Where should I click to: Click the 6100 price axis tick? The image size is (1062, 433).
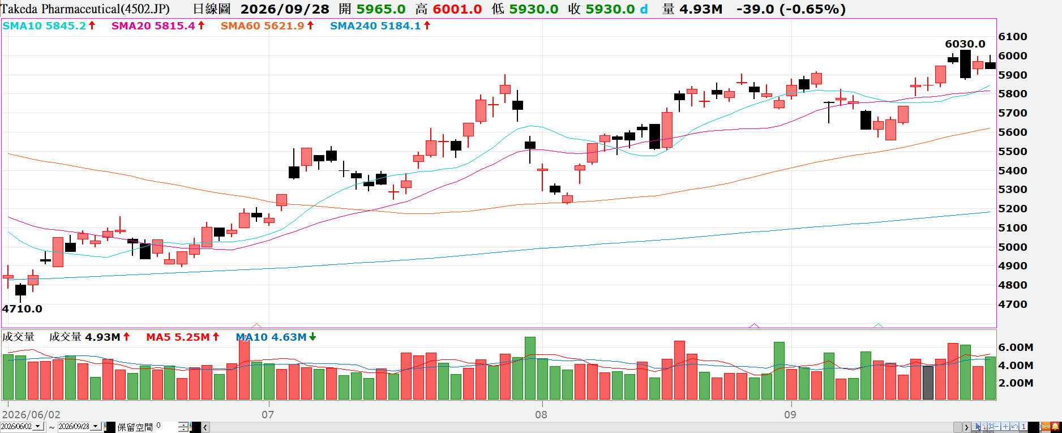(1013, 37)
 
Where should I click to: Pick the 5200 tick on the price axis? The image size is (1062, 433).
(1013, 209)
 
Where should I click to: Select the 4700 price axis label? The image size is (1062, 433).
(1013, 305)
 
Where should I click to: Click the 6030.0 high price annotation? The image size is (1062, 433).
(965, 44)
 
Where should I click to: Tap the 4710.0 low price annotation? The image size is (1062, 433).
(22, 309)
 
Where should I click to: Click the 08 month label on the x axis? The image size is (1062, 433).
(541, 414)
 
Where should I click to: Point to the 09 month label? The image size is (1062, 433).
(790, 414)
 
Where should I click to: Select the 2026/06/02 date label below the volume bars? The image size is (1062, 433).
(31, 414)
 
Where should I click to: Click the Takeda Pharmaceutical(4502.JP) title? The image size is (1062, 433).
(85, 9)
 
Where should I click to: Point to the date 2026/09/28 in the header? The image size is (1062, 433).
(285, 9)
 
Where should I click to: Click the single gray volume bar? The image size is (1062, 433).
(928, 383)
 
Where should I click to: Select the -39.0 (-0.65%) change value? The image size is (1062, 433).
(791, 9)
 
